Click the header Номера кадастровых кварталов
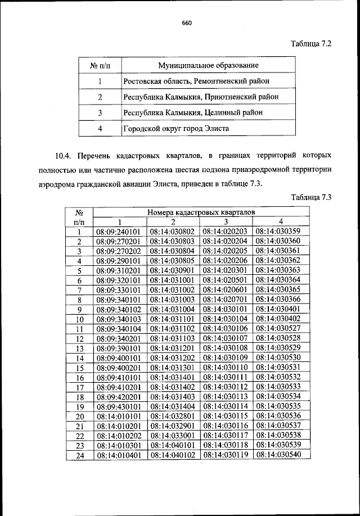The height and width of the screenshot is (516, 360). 201,213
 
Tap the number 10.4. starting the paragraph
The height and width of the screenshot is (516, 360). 65,154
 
